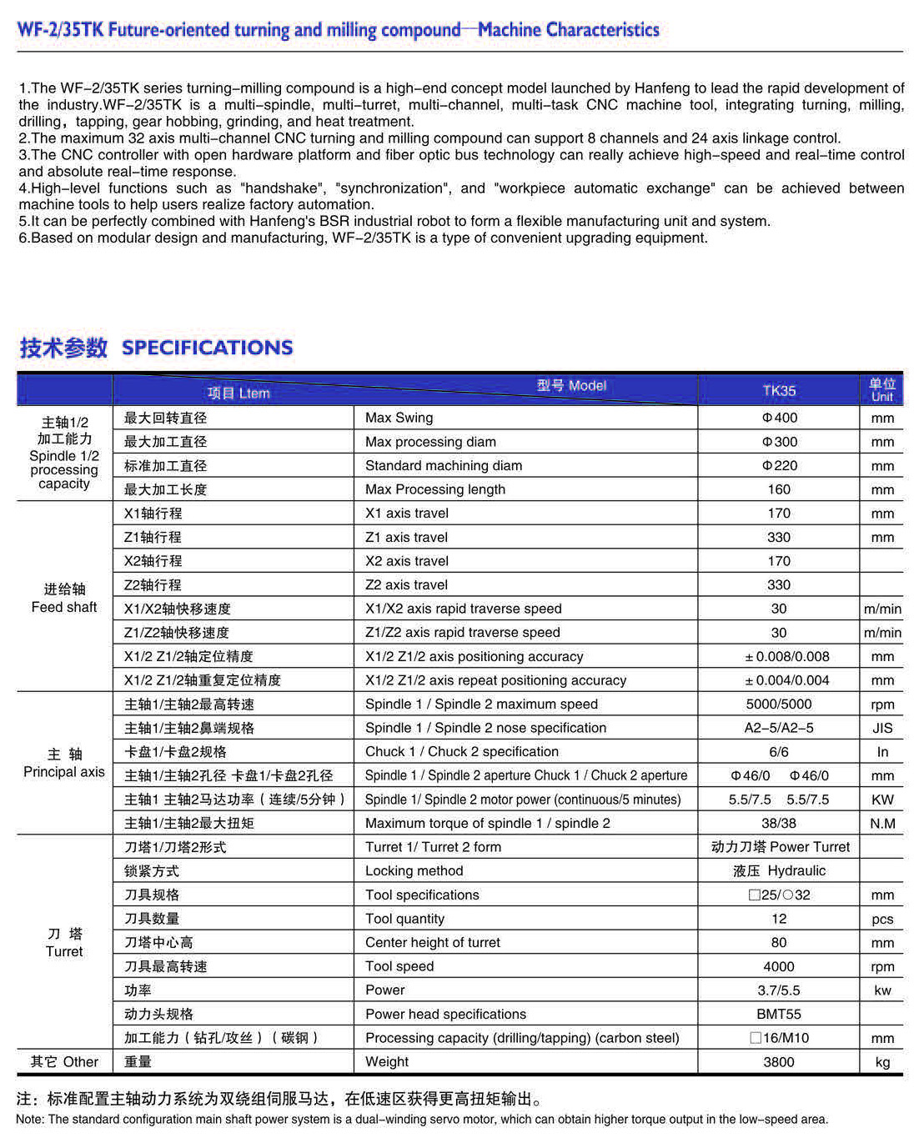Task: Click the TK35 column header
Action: [779, 390]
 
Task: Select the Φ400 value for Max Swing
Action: [779, 418]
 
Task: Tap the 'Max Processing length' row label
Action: [434, 489]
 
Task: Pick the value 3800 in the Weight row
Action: [779, 1062]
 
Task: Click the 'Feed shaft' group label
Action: [64, 607]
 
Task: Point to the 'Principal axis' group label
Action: [64, 772]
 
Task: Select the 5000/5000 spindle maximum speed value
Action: [779, 704]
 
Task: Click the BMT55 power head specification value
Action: [779, 1015]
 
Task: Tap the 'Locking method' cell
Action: [414, 871]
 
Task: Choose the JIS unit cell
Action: [882, 729]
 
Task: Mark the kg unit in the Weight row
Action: [882, 1062]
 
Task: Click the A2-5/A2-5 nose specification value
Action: [779, 728]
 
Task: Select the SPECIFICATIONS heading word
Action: [207, 348]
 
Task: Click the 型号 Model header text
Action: [571, 386]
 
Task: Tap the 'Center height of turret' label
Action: [432, 943]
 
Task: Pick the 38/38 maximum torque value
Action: [779, 824]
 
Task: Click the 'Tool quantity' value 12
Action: [779, 919]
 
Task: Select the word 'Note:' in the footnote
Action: [30, 1120]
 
